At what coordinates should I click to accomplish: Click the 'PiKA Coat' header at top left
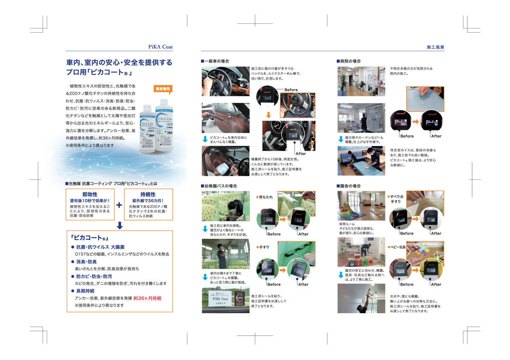(161, 47)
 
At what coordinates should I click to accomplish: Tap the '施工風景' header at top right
(435, 47)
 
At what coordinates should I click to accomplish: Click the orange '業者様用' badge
(163, 89)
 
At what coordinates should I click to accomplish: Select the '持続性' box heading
(148, 194)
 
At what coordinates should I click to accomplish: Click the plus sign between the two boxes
(119, 205)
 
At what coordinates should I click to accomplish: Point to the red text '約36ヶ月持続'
(147, 298)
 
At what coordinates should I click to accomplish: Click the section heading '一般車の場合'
(217, 62)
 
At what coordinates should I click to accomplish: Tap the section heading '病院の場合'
(350, 62)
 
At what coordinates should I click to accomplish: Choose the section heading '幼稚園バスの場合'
(220, 186)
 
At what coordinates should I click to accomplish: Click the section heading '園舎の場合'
(350, 186)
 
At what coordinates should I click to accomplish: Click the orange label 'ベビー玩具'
(397, 247)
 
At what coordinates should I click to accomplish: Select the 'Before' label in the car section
(291, 90)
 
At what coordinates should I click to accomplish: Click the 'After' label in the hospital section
(436, 136)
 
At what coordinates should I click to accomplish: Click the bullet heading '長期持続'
(85, 291)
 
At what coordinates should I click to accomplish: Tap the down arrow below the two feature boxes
(119, 225)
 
